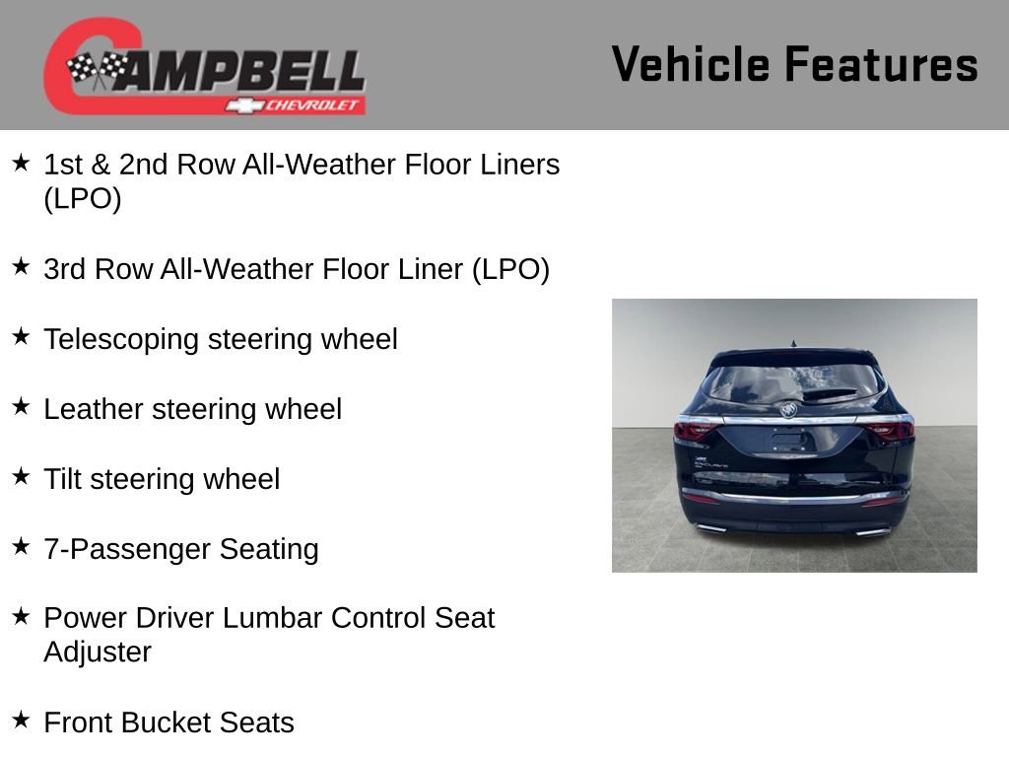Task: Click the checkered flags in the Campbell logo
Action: tap(97, 70)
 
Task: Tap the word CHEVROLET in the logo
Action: tap(313, 105)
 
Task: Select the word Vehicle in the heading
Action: tap(690, 65)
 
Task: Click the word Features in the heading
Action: tap(881, 65)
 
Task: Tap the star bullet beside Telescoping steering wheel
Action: tap(21, 337)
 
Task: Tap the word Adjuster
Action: tap(97, 653)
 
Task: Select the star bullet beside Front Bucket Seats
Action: tap(21, 720)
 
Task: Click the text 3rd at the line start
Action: tap(65, 269)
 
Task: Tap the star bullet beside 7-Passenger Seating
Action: tap(21, 546)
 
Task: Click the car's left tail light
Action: tap(696, 429)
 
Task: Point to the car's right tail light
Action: tap(891, 429)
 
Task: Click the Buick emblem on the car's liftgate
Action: tap(789, 408)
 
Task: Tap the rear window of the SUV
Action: tap(793, 382)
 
